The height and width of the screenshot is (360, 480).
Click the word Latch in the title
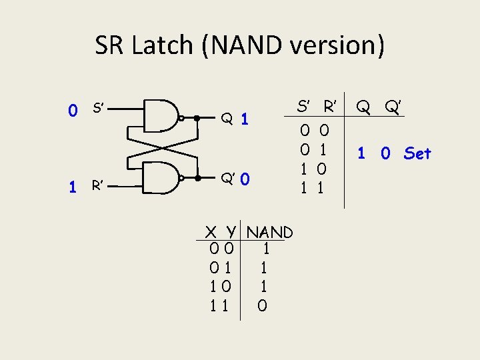point(167,46)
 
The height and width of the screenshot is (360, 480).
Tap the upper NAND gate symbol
point(163,117)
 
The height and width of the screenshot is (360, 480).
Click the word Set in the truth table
point(417,153)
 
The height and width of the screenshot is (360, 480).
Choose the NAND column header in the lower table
point(269,233)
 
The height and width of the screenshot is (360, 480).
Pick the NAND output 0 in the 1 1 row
point(263,307)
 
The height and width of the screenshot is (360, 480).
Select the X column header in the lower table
point(211,233)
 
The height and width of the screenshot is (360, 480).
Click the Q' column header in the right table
point(395,106)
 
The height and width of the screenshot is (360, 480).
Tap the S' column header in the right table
point(305,106)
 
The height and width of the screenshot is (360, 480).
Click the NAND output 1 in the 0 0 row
point(265,250)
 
